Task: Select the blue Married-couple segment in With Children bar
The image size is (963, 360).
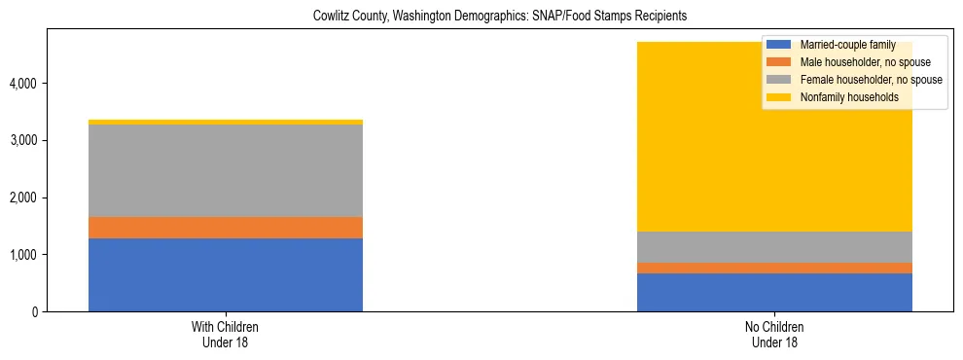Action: [225, 274]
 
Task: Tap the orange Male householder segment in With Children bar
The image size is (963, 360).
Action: [225, 228]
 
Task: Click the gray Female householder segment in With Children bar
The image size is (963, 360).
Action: [225, 170]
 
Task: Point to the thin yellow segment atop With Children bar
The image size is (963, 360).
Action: [225, 122]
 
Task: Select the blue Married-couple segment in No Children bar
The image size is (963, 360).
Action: [774, 292]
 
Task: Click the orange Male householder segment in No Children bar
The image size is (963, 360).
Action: [774, 268]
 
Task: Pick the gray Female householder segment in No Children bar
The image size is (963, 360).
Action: [774, 247]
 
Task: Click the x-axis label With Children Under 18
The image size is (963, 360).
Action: [225, 334]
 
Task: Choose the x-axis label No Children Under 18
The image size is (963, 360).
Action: [774, 334]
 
